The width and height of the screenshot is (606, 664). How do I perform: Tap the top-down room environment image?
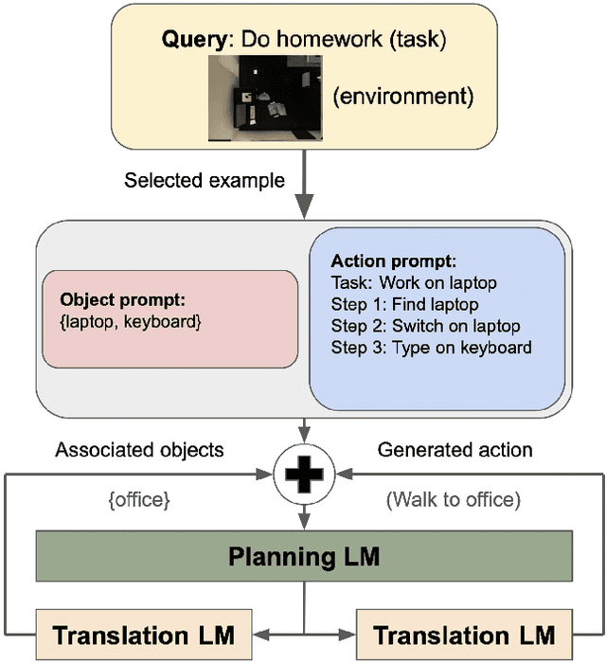[x=264, y=99]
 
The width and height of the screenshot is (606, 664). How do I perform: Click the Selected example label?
[x=205, y=180]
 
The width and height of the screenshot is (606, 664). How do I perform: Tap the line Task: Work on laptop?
[x=414, y=282]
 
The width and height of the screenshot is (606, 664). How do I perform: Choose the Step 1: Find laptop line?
[x=404, y=304]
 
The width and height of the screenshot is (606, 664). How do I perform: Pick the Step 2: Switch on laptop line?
[x=426, y=326]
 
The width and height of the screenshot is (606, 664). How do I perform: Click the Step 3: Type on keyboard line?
[x=431, y=348]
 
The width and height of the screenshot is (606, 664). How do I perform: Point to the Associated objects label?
[x=139, y=451]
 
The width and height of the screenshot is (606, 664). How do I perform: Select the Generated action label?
[x=455, y=451]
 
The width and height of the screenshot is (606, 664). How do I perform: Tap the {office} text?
[x=139, y=499]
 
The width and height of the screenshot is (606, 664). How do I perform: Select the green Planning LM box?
[x=304, y=555]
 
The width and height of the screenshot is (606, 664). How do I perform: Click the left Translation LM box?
[x=143, y=634]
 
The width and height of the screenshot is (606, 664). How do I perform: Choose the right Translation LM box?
[x=464, y=634]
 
